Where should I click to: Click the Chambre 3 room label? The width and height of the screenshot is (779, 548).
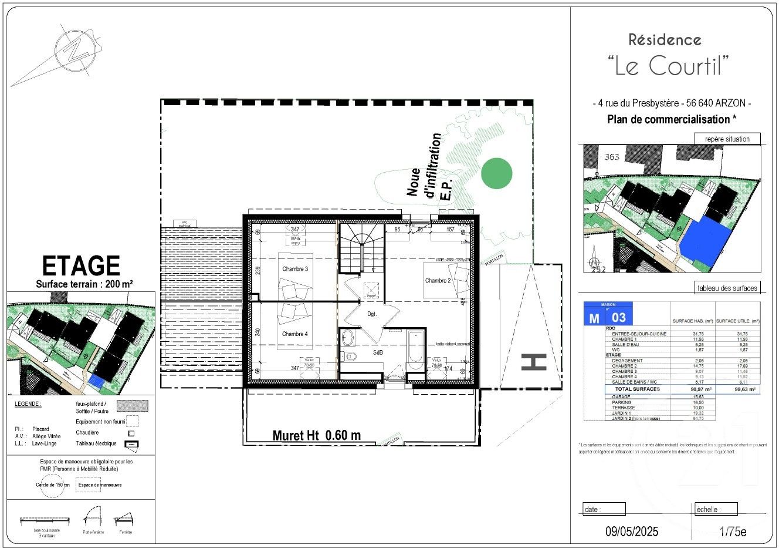294,269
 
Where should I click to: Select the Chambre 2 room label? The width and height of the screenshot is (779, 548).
438,281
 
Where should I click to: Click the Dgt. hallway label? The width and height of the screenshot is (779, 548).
372,314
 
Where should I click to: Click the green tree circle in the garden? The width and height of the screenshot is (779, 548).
496,173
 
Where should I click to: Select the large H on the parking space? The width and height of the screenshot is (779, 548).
533,362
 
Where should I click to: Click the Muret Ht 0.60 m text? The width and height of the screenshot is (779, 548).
316,435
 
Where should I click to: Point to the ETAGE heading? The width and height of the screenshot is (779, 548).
81,266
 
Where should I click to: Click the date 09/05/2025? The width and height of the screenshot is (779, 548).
632,532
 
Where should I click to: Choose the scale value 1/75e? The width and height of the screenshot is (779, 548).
733,532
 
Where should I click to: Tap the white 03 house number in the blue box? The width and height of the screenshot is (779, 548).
619,318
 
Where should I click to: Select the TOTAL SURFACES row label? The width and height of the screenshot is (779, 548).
636,389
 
